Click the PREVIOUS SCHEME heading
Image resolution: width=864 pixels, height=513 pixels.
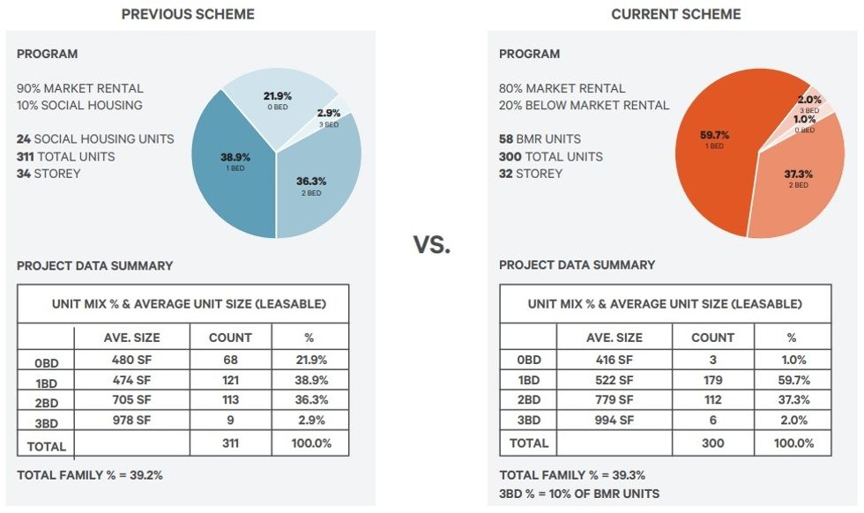(188, 14)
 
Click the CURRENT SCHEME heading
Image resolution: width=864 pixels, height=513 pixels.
(676, 14)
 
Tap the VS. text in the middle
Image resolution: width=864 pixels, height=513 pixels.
(432, 245)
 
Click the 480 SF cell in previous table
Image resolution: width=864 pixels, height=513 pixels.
(131, 360)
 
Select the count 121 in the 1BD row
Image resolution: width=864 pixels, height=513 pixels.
(230, 380)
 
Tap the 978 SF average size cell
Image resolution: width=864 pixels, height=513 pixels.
(131, 421)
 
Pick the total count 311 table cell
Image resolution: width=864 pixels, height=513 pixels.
(230, 442)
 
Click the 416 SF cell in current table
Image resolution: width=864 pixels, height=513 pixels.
(614, 360)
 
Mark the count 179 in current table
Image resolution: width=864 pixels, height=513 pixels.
(712, 380)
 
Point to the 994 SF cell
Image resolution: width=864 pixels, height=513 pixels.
(614, 421)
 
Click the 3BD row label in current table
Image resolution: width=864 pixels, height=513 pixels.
(528, 421)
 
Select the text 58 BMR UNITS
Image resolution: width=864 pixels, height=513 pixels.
(540, 139)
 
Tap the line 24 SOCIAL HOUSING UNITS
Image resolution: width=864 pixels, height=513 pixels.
(95, 139)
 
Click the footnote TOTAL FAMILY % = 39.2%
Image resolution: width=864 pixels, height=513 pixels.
(90, 475)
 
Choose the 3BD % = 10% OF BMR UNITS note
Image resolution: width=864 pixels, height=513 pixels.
(579, 494)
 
